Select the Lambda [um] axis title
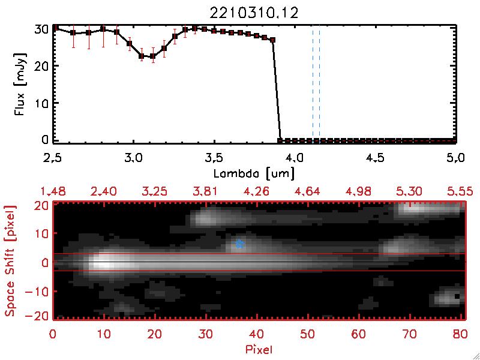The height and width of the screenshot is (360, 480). pyautogui.click(x=255, y=172)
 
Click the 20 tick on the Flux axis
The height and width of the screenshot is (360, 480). pyautogui.click(x=41, y=66)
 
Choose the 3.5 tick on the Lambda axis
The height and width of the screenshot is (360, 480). pyautogui.click(x=214, y=159)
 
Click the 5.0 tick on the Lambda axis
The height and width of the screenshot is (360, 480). pyautogui.click(x=455, y=159)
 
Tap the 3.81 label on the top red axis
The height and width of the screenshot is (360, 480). pyautogui.click(x=206, y=191)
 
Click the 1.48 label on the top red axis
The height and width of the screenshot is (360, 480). pyautogui.click(x=52, y=191)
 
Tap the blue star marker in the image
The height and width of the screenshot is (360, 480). pyautogui.click(x=240, y=244)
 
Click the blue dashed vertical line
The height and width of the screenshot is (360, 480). pyautogui.click(x=319, y=84)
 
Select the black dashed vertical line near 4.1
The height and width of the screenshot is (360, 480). pyautogui.click(x=313, y=84)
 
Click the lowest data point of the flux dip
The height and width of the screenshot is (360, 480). pyautogui.click(x=142, y=56)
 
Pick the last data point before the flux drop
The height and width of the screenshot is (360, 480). pyautogui.click(x=272, y=40)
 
